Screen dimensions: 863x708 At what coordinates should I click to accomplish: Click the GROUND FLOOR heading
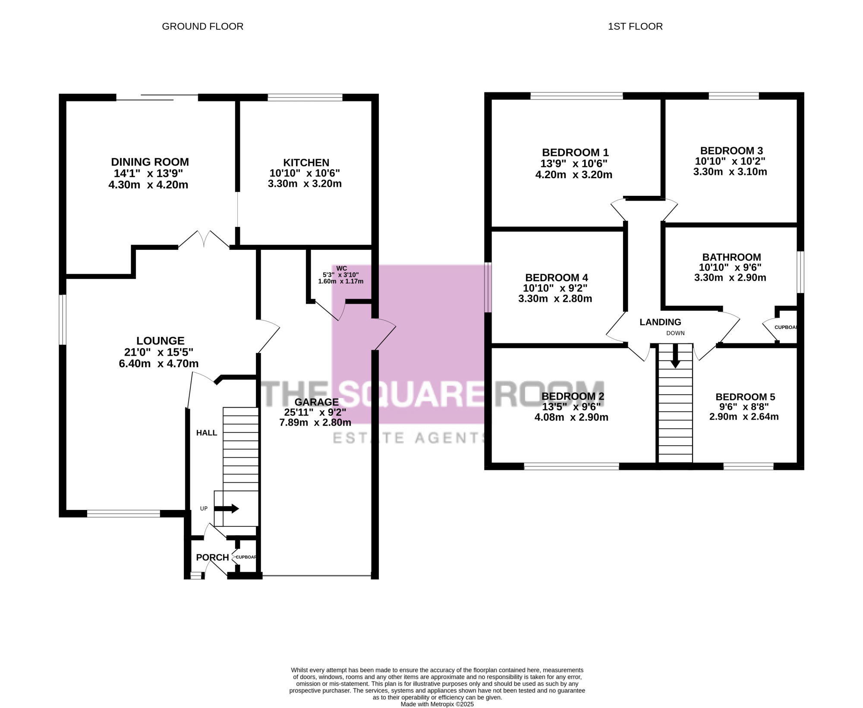click(x=202, y=26)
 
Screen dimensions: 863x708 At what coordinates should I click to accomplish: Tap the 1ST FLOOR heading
click(x=635, y=26)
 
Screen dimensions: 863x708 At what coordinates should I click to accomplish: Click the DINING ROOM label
click(x=150, y=162)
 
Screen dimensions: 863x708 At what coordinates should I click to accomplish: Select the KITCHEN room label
click(x=306, y=163)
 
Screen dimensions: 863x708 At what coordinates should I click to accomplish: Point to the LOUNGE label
click(x=161, y=341)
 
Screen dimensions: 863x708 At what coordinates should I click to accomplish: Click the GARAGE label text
click(x=317, y=402)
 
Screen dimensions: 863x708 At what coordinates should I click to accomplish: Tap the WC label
click(x=341, y=268)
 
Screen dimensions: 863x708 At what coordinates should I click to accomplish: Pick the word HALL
click(x=207, y=433)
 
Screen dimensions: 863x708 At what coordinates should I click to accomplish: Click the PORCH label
click(x=212, y=557)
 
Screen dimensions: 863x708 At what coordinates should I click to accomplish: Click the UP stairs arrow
click(x=227, y=509)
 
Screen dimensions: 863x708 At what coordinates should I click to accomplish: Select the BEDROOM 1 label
click(x=575, y=152)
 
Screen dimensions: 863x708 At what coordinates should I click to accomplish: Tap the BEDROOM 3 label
click(x=731, y=151)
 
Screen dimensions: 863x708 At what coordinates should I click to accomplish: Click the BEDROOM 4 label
click(x=557, y=277)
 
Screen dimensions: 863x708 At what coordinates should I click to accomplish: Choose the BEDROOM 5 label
click(x=745, y=397)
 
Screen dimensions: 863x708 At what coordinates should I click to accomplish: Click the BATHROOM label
click(x=731, y=257)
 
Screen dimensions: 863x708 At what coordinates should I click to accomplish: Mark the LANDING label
click(x=660, y=322)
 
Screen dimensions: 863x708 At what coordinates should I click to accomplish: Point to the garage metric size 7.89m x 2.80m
click(x=315, y=422)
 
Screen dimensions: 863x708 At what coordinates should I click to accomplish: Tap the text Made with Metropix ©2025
click(x=437, y=704)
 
